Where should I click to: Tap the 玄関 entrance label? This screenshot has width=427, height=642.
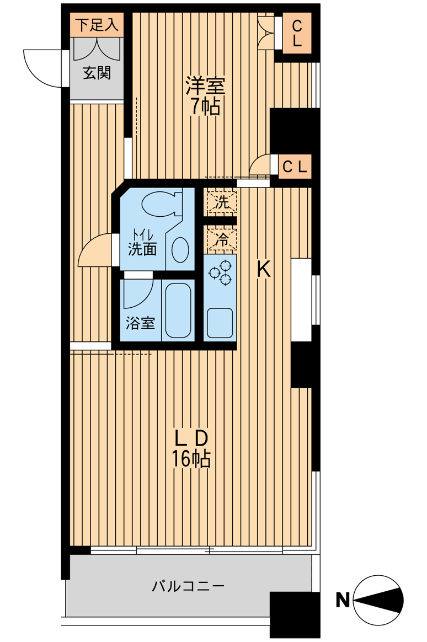(x=97, y=73)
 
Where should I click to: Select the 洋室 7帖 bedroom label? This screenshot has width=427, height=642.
(x=205, y=96)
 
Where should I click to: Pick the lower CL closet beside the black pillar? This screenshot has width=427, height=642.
(x=295, y=167)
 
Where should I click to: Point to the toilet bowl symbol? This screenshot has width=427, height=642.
(x=161, y=203)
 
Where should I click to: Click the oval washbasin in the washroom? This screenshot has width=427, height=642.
(x=180, y=250)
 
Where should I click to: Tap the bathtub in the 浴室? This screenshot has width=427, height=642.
(x=178, y=310)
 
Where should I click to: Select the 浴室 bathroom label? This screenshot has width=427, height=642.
(x=140, y=323)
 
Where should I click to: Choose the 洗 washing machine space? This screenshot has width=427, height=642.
(x=221, y=202)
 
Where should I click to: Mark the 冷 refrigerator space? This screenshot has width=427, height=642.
(x=221, y=239)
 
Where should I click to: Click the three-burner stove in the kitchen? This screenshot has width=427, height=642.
(x=220, y=272)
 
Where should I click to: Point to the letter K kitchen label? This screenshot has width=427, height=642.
(x=263, y=269)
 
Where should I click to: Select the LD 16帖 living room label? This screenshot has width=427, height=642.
(x=191, y=449)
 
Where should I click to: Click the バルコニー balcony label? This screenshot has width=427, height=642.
(x=188, y=586)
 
